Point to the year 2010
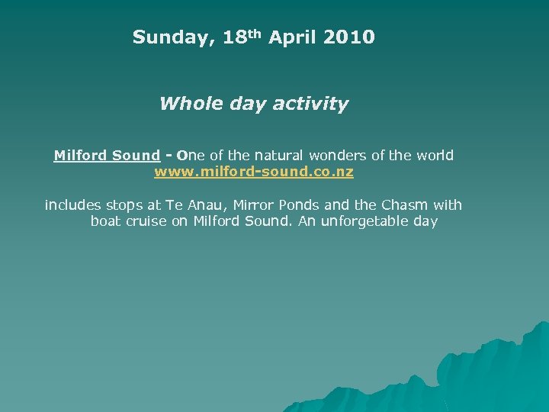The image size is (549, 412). click(x=349, y=37)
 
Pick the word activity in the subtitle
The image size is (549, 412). click(x=312, y=104)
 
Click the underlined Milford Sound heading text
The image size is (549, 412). click(x=107, y=156)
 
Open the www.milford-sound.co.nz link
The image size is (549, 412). click(x=254, y=172)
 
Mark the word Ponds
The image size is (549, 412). click(x=303, y=205)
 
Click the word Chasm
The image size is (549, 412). click(x=405, y=205)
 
